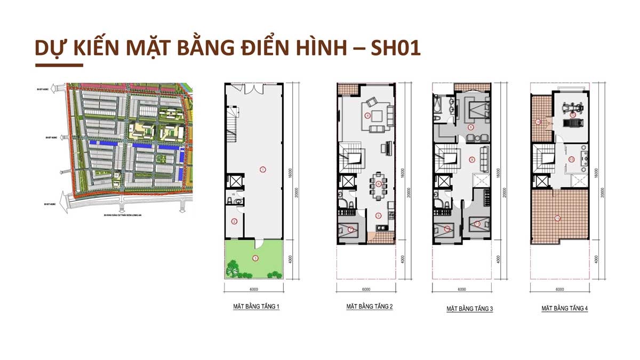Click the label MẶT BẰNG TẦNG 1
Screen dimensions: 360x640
[257, 307]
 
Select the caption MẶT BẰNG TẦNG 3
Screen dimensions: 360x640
[469, 309]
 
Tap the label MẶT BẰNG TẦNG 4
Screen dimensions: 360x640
[564, 308]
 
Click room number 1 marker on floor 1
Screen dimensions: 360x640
[262, 169]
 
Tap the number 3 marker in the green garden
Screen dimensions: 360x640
[255, 258]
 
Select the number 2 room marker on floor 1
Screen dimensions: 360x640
[234, 221]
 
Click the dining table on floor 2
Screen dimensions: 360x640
[378, 185]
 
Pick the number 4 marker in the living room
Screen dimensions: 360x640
[367, 115]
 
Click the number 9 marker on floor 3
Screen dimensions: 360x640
[472, 159]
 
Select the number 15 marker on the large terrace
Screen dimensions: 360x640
[557, 218]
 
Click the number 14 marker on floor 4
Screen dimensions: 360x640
[538, 122]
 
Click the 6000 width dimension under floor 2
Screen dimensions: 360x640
[365, 290]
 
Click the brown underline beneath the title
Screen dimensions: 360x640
[59, 66]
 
